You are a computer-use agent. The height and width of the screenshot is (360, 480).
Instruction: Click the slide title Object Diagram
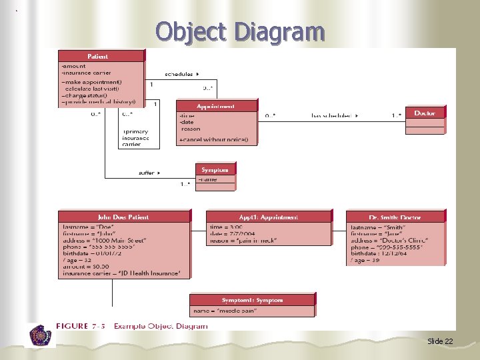coord(240,31)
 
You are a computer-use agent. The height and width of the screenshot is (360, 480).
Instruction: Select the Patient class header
coord(101,57)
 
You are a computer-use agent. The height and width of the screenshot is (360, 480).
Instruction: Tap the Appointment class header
coord(216,106)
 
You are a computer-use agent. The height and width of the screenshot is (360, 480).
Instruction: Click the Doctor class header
coord(425,113)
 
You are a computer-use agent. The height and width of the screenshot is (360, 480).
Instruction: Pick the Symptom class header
coord(215,169)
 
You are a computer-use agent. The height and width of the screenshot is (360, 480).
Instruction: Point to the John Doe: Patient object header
coord(123,217)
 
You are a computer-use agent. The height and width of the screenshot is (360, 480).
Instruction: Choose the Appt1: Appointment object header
coord(269,217)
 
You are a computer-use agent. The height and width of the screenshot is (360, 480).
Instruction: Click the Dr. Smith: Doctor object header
coord(395,217)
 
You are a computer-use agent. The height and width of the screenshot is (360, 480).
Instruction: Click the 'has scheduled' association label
coord(333,116)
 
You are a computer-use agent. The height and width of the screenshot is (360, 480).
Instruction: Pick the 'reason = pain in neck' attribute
coord(243,240)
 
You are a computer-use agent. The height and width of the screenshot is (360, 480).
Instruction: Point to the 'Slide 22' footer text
coord(440,341)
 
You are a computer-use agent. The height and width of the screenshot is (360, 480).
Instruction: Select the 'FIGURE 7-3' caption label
coord(81,326)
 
